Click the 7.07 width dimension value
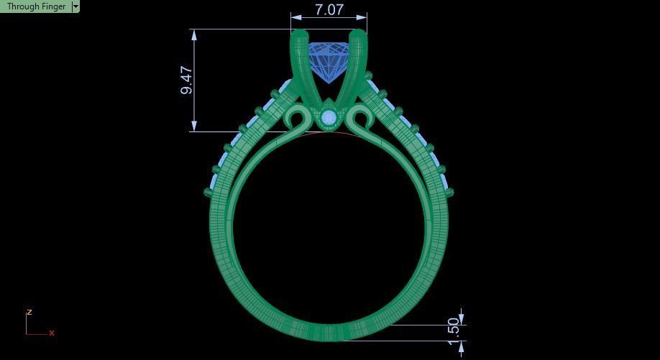click(329, 10)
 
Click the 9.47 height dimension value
click(187, 80)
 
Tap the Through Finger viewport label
click(36, 6)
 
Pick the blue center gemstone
click(329, 60)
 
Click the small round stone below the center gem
click(329, 118)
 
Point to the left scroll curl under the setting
click(295, 118)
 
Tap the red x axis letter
click(52, 333)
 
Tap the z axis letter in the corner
click(29, 313)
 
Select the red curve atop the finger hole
click(329, 134)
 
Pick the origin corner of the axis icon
click(27, 333)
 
